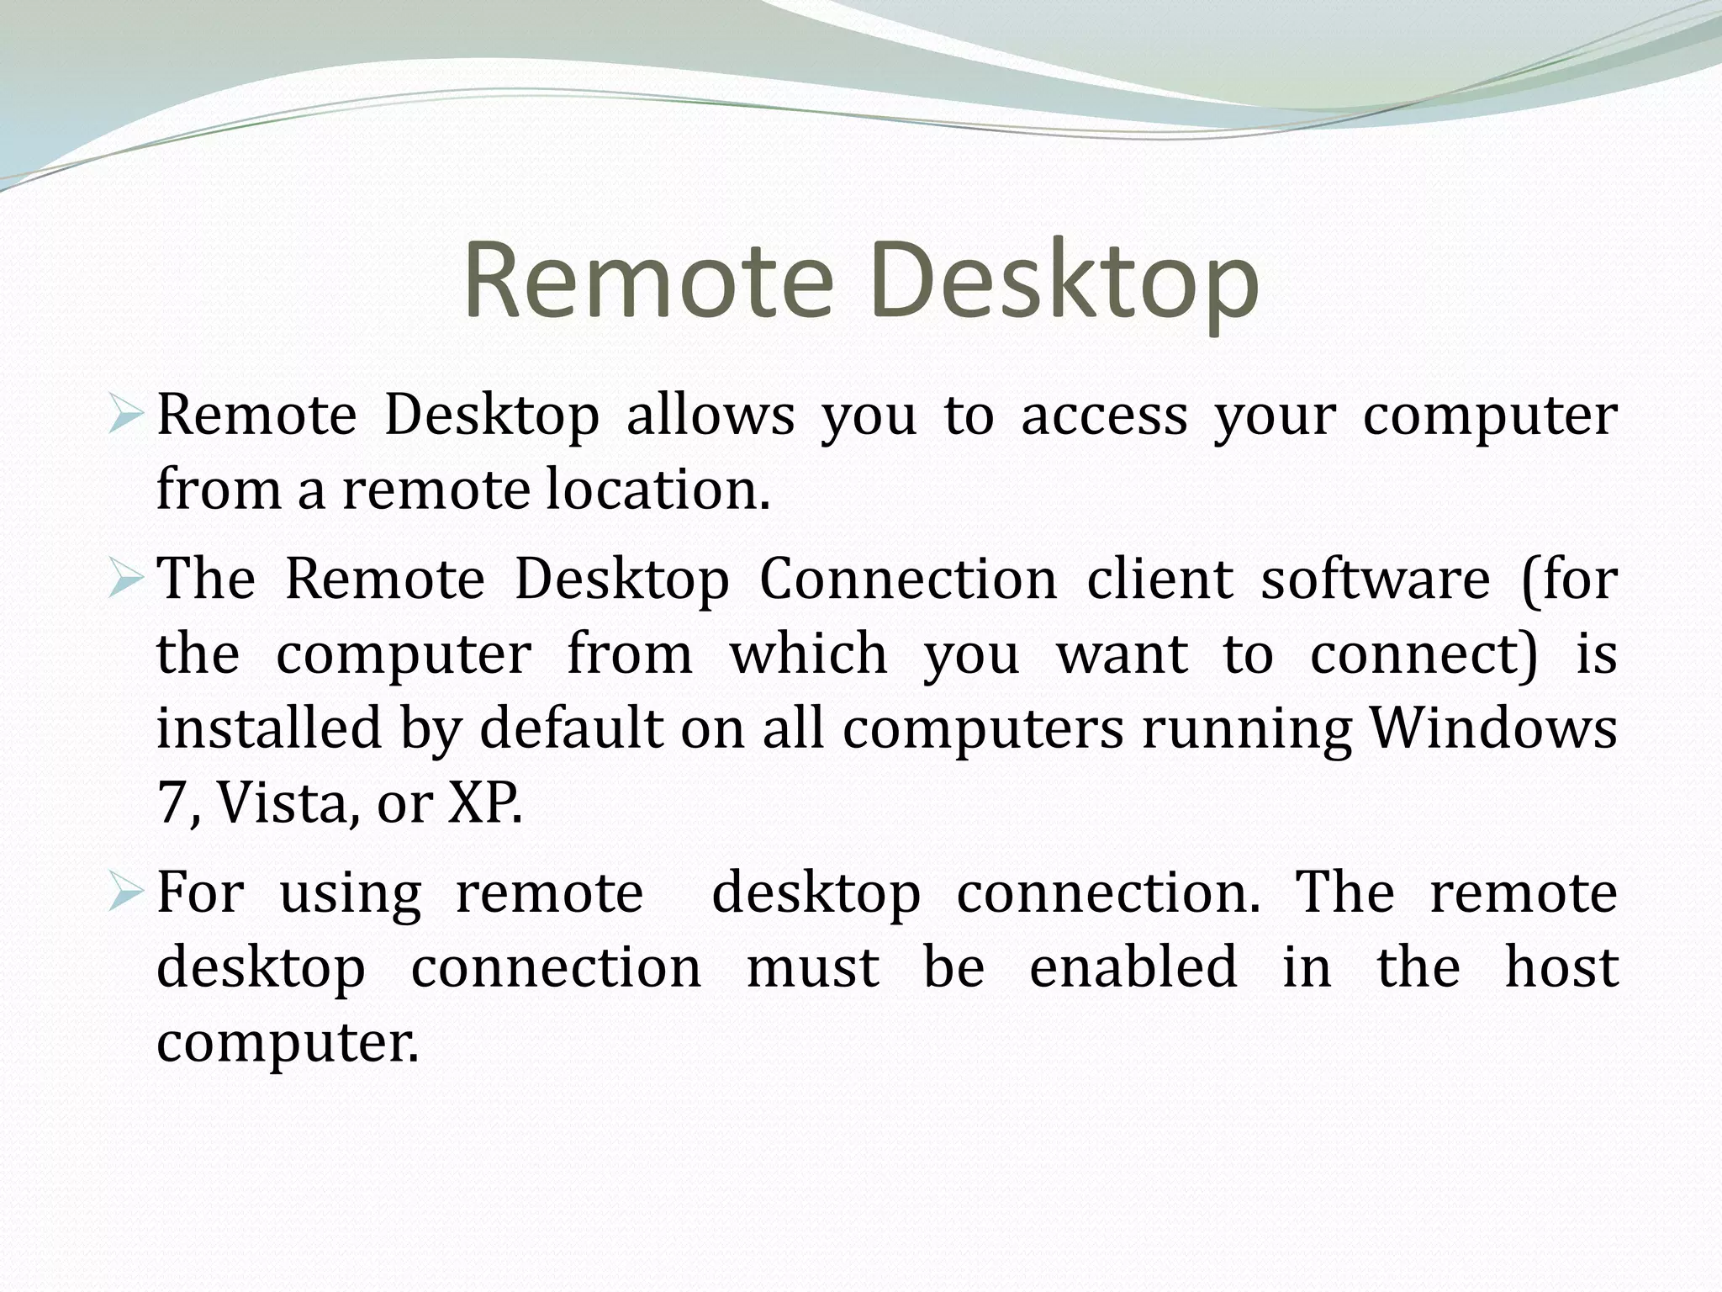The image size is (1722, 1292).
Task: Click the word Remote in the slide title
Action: pos(648,280)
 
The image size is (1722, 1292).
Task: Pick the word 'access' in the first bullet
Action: pos(1104,416)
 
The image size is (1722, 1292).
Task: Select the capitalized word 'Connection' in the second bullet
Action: pos(908,580)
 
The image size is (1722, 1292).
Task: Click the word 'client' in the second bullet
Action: pos(1159,580)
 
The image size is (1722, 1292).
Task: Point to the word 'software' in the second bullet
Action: pos(1375,580)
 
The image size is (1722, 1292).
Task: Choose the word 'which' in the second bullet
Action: pos(808,654)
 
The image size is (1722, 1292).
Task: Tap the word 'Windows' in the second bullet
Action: pos(1493,728)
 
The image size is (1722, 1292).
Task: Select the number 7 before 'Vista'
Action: pos(172,803)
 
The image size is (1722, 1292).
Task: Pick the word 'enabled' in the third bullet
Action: pos(1133,967)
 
